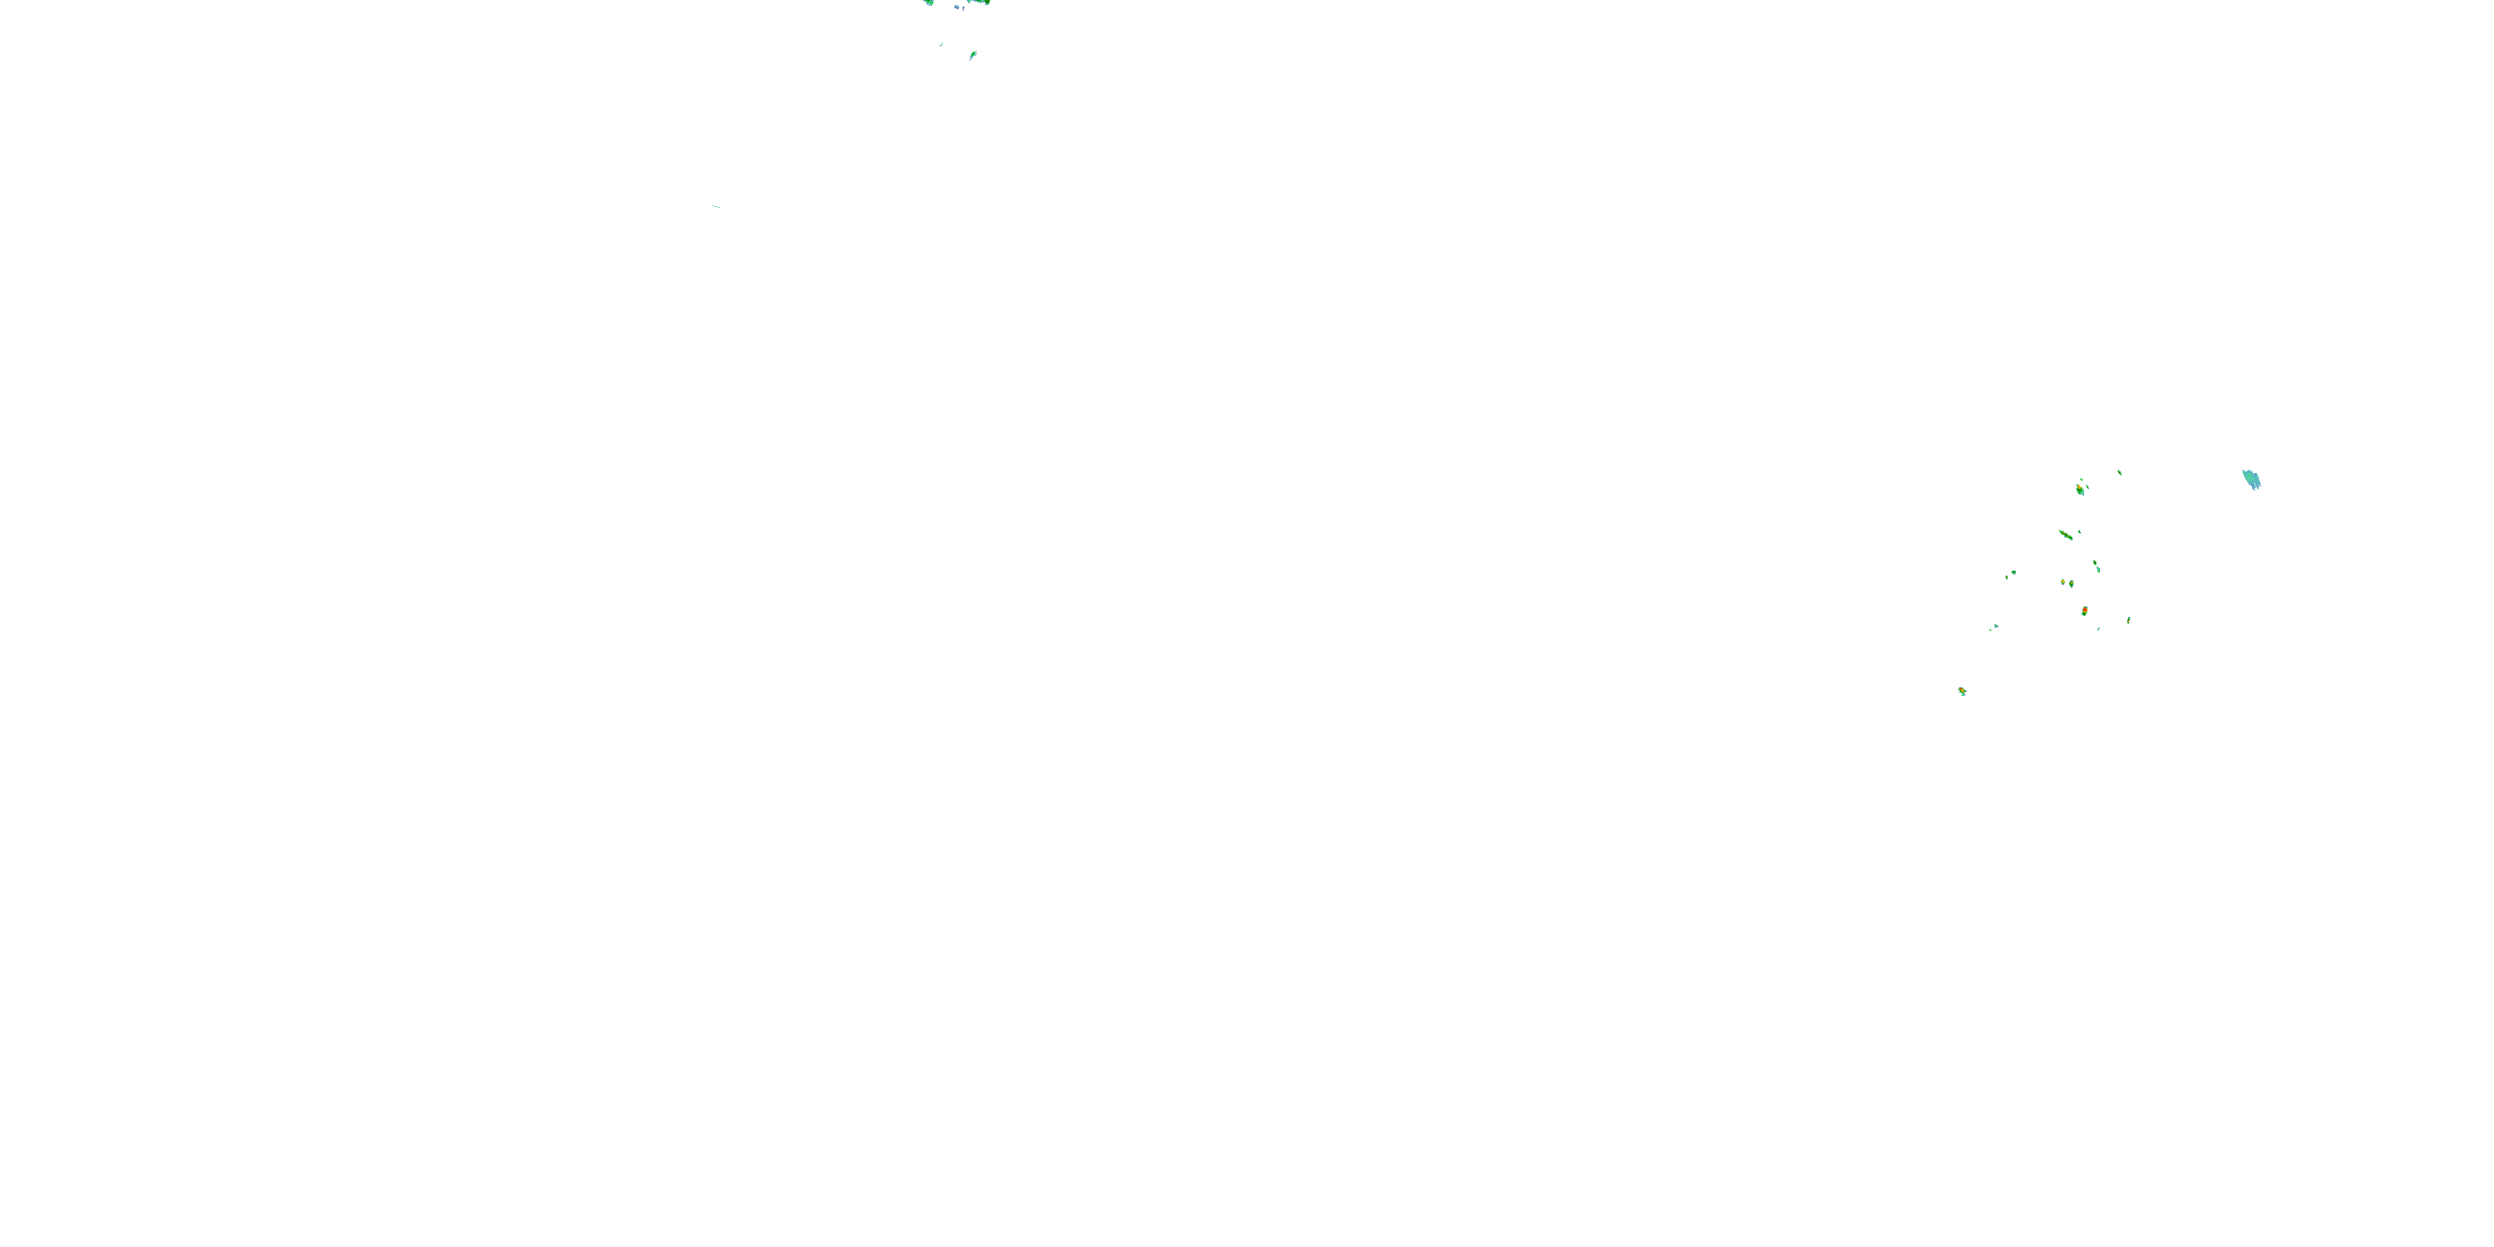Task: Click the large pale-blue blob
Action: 2251,479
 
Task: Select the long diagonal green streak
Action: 2065,535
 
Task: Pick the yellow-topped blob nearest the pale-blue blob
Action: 2080,489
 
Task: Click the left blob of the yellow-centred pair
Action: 2063,582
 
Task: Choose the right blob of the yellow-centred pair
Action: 2071,584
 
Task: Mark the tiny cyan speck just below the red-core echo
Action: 2098,629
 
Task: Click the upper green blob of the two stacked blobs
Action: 2095,563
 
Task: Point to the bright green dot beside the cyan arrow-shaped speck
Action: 1990,629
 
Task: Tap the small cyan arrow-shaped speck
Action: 1995,626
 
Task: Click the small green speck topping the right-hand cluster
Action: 2119,471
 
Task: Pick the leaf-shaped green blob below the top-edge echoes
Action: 972,55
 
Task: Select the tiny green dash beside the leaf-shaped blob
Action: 941,42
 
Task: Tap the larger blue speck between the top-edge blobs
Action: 957,7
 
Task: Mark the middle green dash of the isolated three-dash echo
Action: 717,206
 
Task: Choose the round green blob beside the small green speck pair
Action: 2013,572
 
